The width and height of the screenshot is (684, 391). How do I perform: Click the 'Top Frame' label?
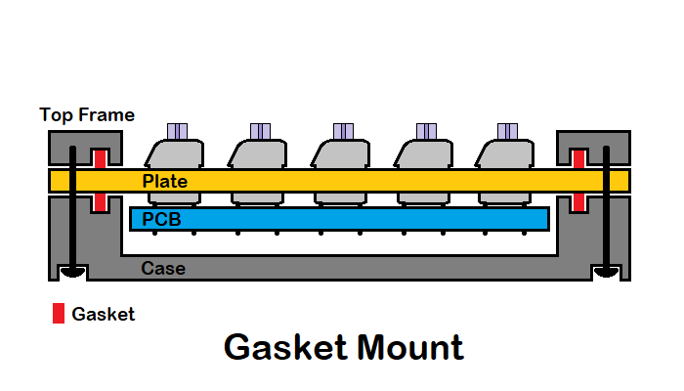(x=87, y=115)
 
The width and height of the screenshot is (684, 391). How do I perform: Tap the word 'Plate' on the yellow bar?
(x=164, y=182)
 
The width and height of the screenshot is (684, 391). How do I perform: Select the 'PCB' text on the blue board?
(x=162, y=219)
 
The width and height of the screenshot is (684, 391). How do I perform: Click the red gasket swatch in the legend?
(x=59, y=314)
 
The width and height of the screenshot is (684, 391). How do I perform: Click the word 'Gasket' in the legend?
(x=104, y=315)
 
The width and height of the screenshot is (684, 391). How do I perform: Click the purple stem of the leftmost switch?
(x=177, y=131)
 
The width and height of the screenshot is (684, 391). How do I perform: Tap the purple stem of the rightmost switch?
(x=508, y=131)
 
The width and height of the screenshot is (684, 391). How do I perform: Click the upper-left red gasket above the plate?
(x=99, y=158)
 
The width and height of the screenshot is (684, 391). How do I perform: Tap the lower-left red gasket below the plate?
(x=99, y=202)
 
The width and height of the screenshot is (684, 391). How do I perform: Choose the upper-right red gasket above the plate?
(x=578, y=158)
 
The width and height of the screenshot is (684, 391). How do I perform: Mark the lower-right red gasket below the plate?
(x=578, y=202)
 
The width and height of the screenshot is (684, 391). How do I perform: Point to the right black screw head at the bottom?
(x=605, y=272)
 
